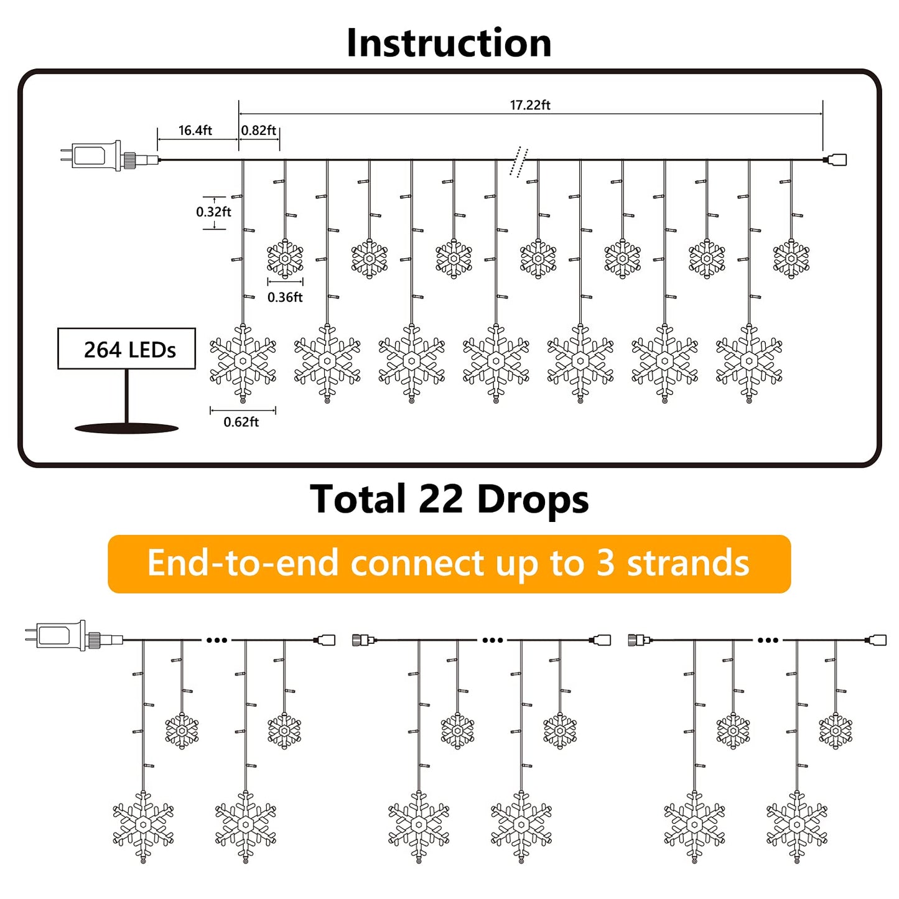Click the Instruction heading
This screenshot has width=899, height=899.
(449, 43)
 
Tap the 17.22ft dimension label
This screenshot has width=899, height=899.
(530, 105)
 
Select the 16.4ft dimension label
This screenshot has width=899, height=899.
(195, 131)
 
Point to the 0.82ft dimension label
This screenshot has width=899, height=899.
(259, 131)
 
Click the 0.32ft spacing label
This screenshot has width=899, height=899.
(213, 212)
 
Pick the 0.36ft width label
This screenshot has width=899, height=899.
(285, 297)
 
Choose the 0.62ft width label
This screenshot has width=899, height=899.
(241, 422)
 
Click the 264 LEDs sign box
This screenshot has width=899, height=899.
(127, 349)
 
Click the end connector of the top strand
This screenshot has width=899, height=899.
(837, 160)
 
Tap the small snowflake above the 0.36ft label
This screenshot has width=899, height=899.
(285, 258)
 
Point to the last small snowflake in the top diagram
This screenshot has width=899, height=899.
(791, 258)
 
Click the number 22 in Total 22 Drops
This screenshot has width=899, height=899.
(441, 500)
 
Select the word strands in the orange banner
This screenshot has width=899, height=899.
(687, 564)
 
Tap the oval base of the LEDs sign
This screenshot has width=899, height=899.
(127, 428)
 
